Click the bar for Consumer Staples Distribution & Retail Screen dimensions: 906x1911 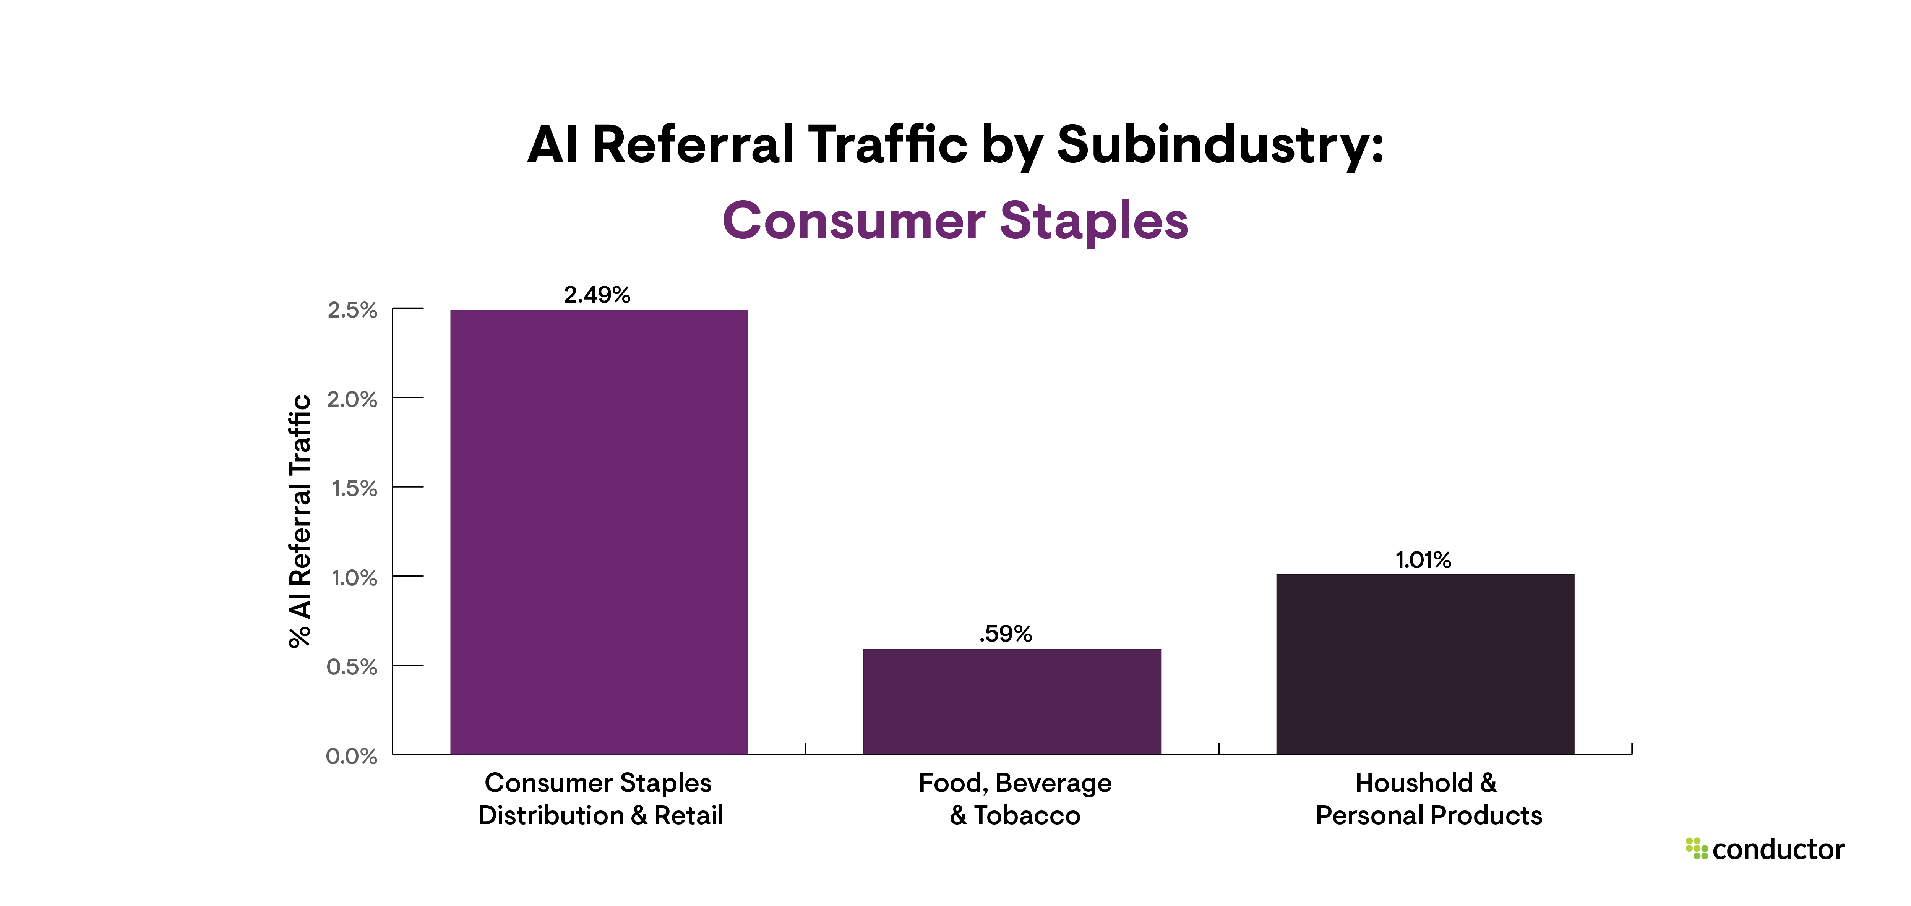point(599,532)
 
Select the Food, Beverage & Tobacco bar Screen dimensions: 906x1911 point(1012,701)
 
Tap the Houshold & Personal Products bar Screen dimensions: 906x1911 point(1424,664)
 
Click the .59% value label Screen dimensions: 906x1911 point(1005,634)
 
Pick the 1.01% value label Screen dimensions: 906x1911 point(1423,560)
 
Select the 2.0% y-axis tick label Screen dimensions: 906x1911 point(352,400)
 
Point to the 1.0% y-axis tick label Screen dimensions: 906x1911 point(354,577)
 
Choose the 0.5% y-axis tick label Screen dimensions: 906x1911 point(352,666)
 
